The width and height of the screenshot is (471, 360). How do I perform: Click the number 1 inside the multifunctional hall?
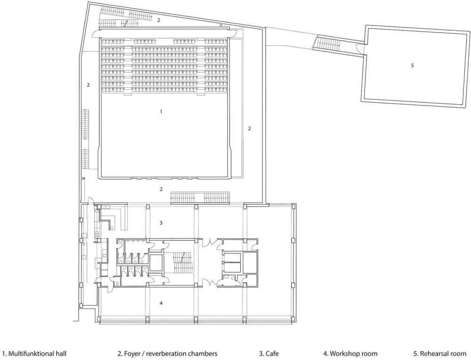(x=161, y=112)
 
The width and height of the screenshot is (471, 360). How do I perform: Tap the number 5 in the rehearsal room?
(x=412, y=66)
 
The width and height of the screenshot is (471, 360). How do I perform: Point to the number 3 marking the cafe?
(x=161, y=222)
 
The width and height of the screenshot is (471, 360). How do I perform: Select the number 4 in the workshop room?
(x=161, y=303)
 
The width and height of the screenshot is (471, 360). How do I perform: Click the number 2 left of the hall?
(x=88, y=85)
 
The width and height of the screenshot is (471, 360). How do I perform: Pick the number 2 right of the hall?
(x=250, y=128)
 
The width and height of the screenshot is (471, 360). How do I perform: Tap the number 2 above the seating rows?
(x=159, y=20)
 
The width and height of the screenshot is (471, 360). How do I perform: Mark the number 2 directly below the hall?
(x=161, y=189)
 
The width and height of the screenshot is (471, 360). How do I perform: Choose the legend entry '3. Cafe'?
(x=269, y=353)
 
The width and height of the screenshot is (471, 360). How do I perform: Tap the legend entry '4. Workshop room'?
(x=350, y=353)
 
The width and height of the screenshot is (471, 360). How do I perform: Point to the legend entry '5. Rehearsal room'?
(x=439, y=353)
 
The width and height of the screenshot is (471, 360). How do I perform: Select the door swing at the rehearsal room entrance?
(x=359, y=48)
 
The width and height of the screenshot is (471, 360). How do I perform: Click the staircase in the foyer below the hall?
(x=200, y=198)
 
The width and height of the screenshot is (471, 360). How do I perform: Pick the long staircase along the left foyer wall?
(x=85, y=139)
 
